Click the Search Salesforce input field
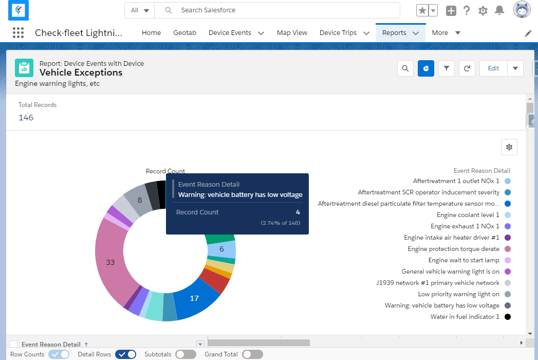(x=288, y=10)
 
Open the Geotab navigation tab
(x=184, y=33)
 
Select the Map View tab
(x=292, y=33)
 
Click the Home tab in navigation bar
(x=151, y=33)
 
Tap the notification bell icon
(x=499, y=10)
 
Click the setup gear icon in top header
(x=483, y=10)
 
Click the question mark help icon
(x=467, y=10)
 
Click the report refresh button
(x=467, y=68)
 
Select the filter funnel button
(x=447, y=68)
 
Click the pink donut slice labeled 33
(x=109, y=262)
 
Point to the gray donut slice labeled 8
(x=139, y=200)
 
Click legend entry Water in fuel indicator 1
(x=465, y=317)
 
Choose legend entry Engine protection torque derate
(x=453, y=249)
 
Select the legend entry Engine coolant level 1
(x=468, y=215)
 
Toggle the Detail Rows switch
(x=126, y=354)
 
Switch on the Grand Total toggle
(x=252, y=354)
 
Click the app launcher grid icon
(x=18, y=33)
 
